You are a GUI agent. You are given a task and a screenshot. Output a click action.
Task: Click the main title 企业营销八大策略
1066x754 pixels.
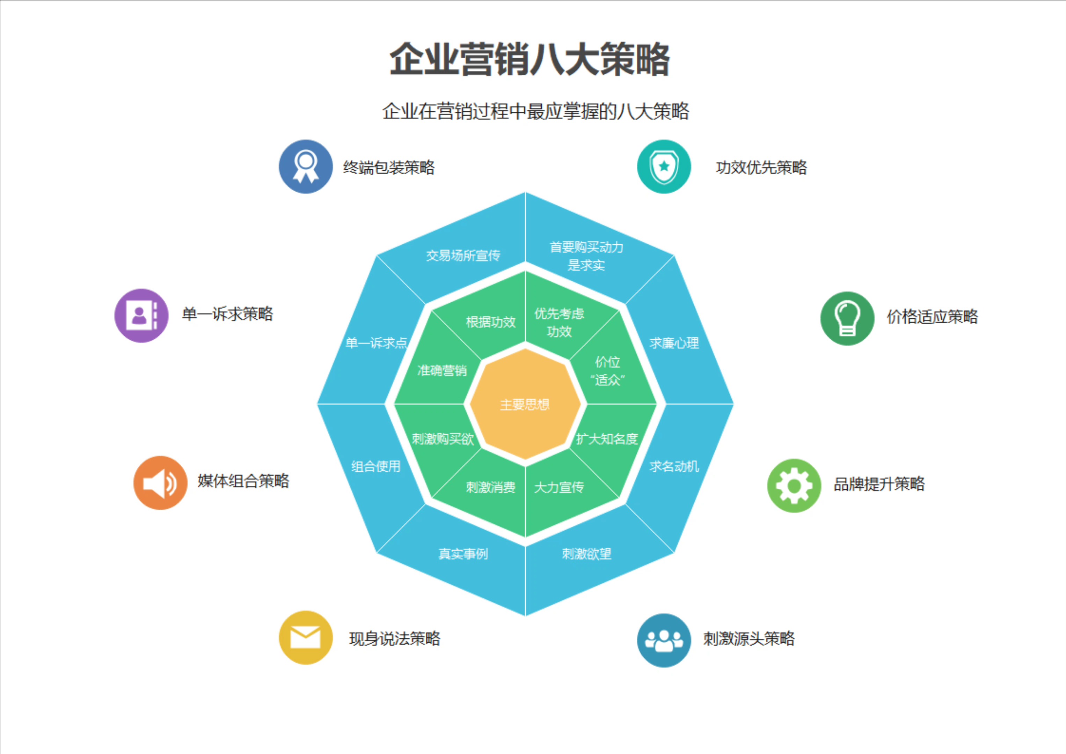click(x=530, y=59)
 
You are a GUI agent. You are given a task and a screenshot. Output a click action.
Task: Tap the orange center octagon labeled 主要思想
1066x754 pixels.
click(x=525, y=404)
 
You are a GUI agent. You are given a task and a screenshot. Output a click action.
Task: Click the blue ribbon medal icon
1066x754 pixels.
click(x=306, y=167)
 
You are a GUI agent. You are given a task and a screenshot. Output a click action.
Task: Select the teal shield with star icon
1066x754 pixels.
click(x=664, y=167)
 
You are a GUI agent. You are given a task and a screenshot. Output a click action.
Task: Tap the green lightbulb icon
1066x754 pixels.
click(x=847, y=318)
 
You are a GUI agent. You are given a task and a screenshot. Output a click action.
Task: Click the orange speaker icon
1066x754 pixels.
click(x=160, y=483)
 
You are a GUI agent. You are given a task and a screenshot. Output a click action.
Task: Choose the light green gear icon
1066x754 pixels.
click(x=794, y=486)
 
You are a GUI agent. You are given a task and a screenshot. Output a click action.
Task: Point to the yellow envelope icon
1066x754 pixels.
click(x=306, y=637)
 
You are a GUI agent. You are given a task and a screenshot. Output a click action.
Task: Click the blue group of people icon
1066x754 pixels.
click(x=664, y=640)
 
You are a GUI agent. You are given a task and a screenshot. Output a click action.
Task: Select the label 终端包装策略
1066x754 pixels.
click(x=389, y=168)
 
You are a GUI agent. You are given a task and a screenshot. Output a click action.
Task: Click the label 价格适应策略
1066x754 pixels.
click(x=932, y=317)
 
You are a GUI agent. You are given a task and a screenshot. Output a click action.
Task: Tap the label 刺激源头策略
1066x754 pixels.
click(x=749, y=639)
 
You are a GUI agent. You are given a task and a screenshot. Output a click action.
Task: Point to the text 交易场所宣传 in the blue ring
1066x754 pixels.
click(x=463, y=256)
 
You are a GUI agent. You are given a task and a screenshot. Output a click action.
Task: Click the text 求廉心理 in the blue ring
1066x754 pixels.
click(x=674, y=343)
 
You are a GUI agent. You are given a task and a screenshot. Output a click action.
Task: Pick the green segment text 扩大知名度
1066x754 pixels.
click(x=607, y=439)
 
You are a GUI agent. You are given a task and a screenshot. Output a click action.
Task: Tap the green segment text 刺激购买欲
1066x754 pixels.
click(x=443, y=439)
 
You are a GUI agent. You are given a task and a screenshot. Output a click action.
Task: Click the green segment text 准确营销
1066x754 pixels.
click(x=442, y=370)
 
